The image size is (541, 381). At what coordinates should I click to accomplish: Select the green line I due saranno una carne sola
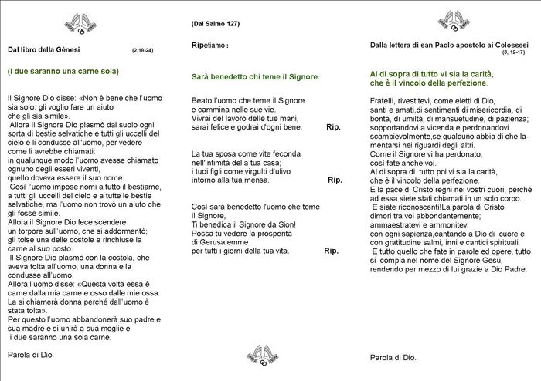click(63, 72)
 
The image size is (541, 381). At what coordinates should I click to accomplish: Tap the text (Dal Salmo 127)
click(216, 24)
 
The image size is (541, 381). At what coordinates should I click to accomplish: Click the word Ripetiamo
click(208, 46)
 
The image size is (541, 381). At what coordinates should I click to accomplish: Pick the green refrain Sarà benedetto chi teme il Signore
click(255, 78)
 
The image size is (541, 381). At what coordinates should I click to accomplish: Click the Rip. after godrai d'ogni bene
click(334, 126)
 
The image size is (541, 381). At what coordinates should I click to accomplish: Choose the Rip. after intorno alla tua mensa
click(335, 180)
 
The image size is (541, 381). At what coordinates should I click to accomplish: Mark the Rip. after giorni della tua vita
click(331, 251)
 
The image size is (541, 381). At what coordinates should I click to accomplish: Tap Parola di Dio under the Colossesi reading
click(393, 357)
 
